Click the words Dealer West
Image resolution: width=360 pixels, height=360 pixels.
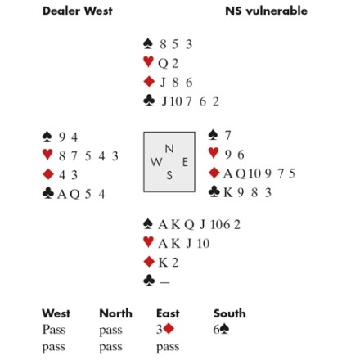[78, 11]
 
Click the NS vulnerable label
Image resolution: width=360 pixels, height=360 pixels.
[266, 11]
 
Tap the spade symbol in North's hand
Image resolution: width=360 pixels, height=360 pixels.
[148, 43]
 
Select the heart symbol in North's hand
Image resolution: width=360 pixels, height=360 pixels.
[148, 62]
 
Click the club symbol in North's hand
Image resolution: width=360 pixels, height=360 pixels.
[149, 101]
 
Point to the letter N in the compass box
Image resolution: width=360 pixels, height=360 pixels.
[169, 149]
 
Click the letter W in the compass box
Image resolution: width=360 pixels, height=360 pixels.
[156, 162]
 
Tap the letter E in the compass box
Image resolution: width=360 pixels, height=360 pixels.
[185, 162]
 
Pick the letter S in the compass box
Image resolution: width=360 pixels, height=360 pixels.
[169, 175]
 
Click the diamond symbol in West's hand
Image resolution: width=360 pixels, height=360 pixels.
[48, 174]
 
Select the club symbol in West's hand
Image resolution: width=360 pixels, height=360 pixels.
[48, 193]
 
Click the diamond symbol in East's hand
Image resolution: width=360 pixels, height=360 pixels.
[214, 173]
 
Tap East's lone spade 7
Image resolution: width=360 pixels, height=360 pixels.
[227, 135]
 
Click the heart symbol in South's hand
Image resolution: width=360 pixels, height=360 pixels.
[148, 242]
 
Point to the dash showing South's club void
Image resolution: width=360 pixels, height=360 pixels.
[164, 282]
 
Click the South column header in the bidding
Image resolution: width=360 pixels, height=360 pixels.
[230, 313]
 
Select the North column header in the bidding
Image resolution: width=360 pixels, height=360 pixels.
[115, 313]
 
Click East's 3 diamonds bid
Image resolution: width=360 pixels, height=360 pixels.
[165, 329]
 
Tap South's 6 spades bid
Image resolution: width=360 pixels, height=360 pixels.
[221, 329]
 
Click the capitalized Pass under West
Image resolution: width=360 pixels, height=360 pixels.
[54, 330]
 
